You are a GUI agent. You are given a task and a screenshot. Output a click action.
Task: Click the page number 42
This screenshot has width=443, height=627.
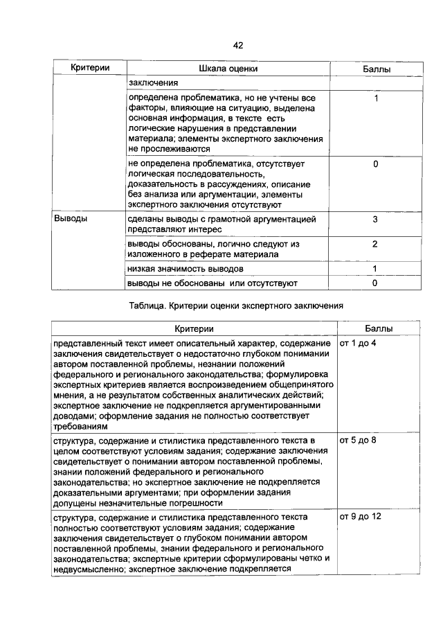(x=237, y=45)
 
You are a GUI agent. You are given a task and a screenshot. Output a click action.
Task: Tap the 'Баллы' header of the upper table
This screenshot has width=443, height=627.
(x=375, y=70)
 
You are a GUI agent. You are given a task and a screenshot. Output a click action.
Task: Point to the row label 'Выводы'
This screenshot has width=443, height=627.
(x=70, y=219)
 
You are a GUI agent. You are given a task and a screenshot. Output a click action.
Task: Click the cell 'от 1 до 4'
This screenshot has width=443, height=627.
(x=358, y=344)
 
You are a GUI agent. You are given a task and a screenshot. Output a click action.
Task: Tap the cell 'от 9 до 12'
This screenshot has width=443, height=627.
(x=361, y=517)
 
